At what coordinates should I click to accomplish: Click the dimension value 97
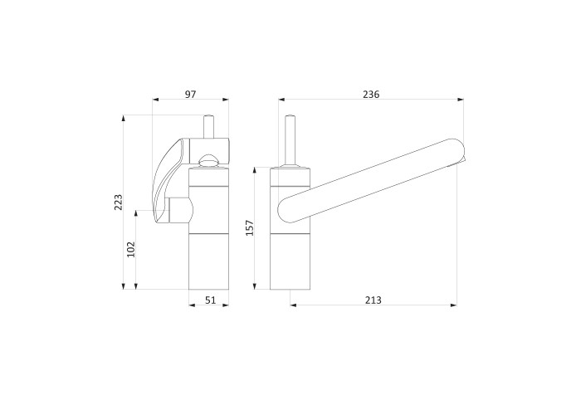click(190, 94)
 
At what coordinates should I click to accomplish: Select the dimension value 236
click(371, 94)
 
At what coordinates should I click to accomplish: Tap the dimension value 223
click(118, 202)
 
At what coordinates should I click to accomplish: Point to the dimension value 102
click(131, 249)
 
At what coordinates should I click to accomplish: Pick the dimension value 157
click(250, 228)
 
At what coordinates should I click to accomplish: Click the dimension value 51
click(211, 300)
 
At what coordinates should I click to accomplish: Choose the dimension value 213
click(373, 300)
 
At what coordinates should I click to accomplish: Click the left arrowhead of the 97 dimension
click(155, 100)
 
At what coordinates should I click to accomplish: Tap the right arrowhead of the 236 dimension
click(461, 100)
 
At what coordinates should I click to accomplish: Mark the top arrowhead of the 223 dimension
click(124, 118)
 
